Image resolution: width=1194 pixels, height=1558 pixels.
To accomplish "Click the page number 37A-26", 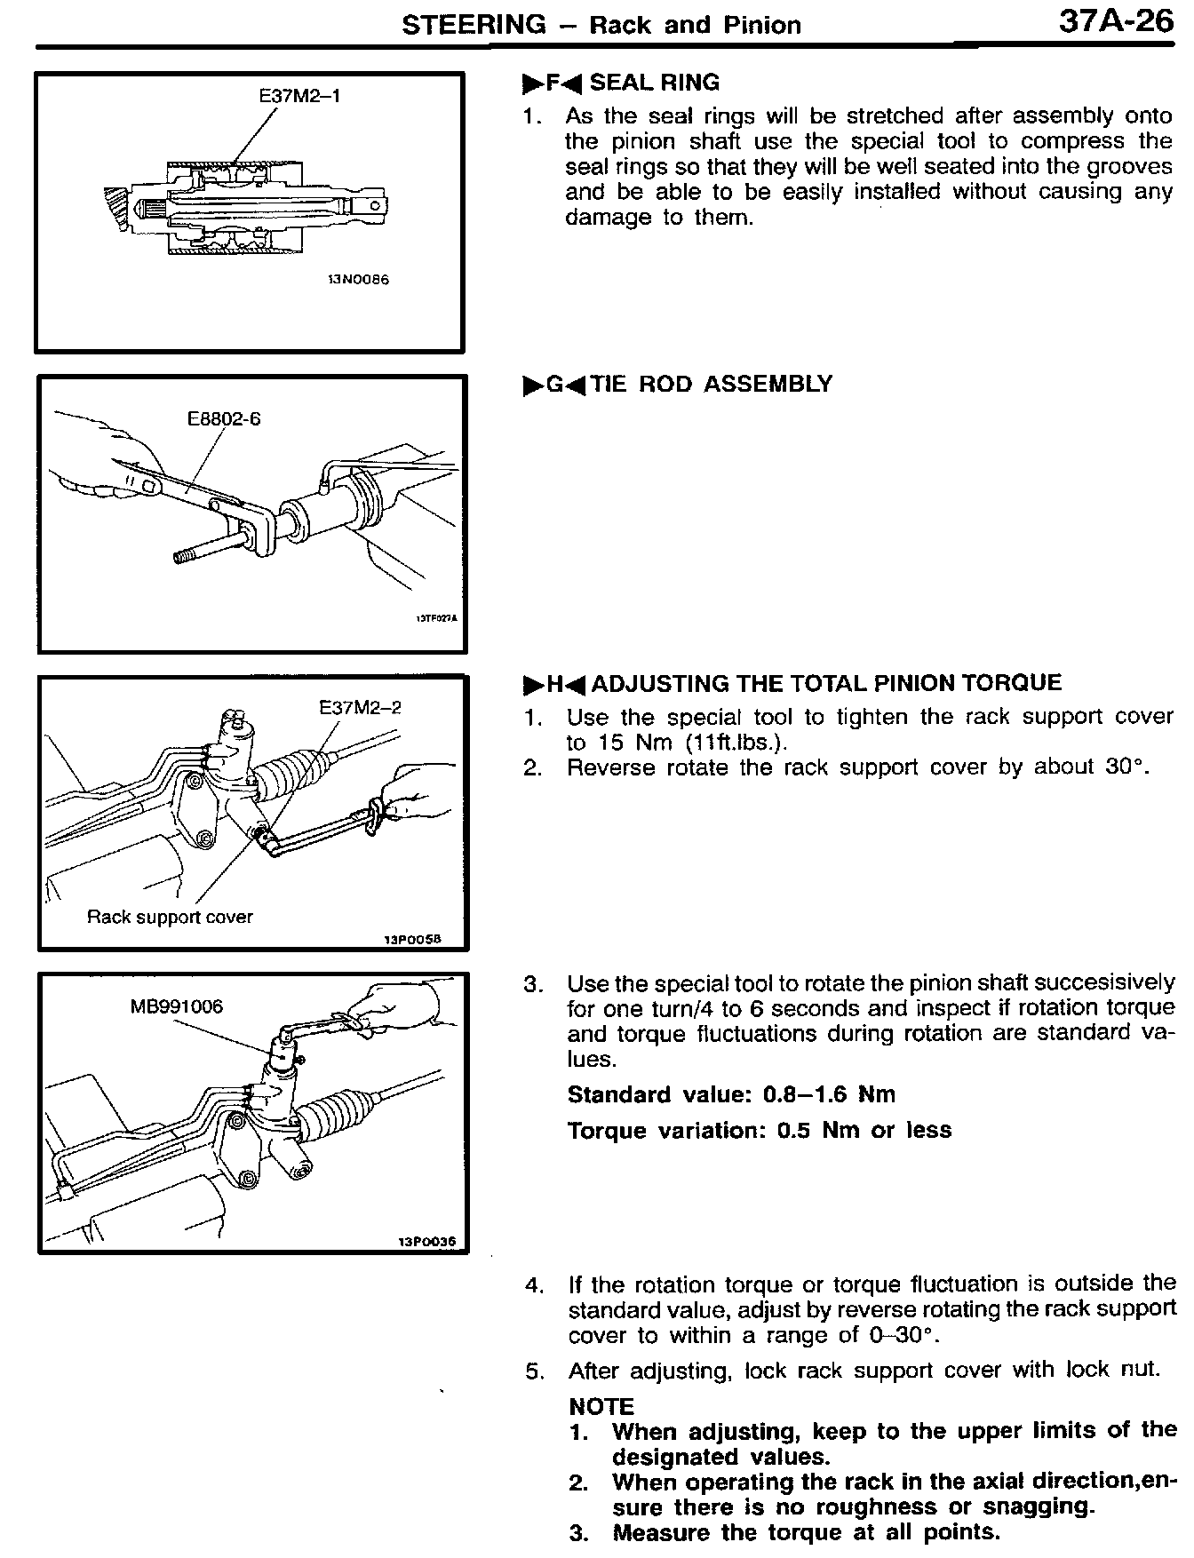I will click(x=1116, y=21).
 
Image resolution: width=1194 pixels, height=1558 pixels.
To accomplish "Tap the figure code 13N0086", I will click(x=358, y=279).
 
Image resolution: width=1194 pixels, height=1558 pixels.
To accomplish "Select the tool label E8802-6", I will click(x=224, y=418).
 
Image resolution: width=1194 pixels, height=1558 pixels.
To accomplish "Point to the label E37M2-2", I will click(x=360, y=707).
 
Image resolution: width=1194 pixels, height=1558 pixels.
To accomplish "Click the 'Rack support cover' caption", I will click(x=170, y=917).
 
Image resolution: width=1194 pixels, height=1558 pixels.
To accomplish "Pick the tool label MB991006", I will click(x=176, y=1006).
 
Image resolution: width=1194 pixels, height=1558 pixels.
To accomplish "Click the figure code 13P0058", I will click(x=412, y=939).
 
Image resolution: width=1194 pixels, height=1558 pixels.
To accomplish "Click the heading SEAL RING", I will click(x=655, y=83).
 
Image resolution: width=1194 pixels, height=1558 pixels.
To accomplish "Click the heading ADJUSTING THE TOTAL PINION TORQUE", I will click(x=826, y=683).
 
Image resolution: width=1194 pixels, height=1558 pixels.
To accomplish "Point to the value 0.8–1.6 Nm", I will click(x=829, y=1094).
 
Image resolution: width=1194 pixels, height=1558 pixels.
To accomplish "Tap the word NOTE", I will click(x=601, y=1407).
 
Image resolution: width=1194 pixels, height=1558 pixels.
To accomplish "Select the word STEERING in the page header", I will click(x=474, y=25).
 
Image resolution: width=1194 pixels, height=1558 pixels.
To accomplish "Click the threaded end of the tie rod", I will click(x=184, y=556).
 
